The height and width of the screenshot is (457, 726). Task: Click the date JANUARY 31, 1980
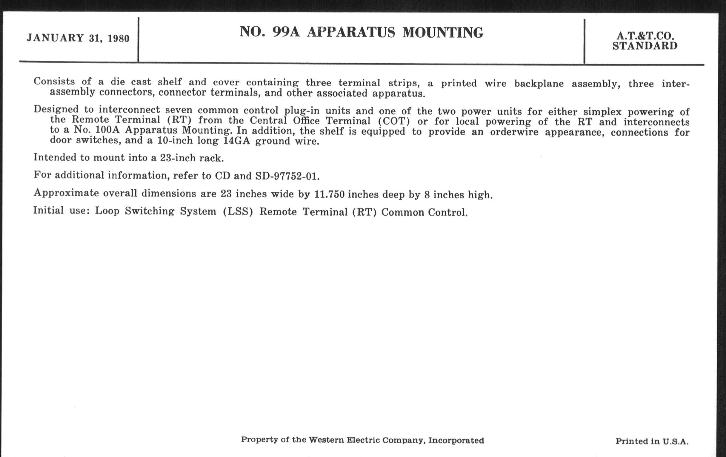tap(78, 38)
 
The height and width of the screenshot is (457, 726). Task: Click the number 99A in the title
tap(286, 32)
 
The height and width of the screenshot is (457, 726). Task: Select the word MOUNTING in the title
tap(443, 33)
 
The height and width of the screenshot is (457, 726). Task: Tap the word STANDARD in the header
tap(645, 46)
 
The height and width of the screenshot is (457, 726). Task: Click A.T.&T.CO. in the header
tap(645, 36)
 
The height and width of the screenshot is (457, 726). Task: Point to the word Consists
tap(54, 81)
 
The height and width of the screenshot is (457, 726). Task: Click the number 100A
tap(107, 130)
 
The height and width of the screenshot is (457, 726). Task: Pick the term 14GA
tap(237, 141)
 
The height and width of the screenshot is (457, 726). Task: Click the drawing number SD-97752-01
tap(287, 176)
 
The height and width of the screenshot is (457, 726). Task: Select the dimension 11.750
tap(329, 194)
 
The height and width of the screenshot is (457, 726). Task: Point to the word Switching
tap(150, 211)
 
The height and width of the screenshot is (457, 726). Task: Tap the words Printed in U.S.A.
tap(652, 441)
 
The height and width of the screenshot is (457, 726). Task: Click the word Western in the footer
tap(326, 440)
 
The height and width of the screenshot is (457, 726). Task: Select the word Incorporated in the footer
tap(456, 440)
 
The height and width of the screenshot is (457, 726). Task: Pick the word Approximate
tap(66, 192)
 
